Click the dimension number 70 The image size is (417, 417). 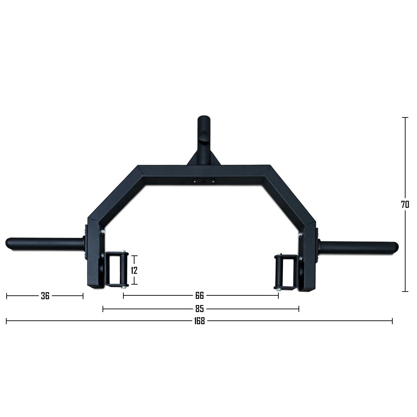tap(405, 205)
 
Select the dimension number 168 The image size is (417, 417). tap(199, 321)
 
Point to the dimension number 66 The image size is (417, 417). tap(199, 296)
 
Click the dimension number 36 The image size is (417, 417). tap(45, 296)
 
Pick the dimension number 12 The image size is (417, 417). tap(134, 270)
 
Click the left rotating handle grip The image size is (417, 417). tap(117, 270)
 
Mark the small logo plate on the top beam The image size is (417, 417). tap(204, 181)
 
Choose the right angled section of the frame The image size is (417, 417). tap(290, 195)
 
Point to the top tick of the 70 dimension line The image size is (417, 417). tap(405, 118)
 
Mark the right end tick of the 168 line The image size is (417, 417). tap(392, 321)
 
